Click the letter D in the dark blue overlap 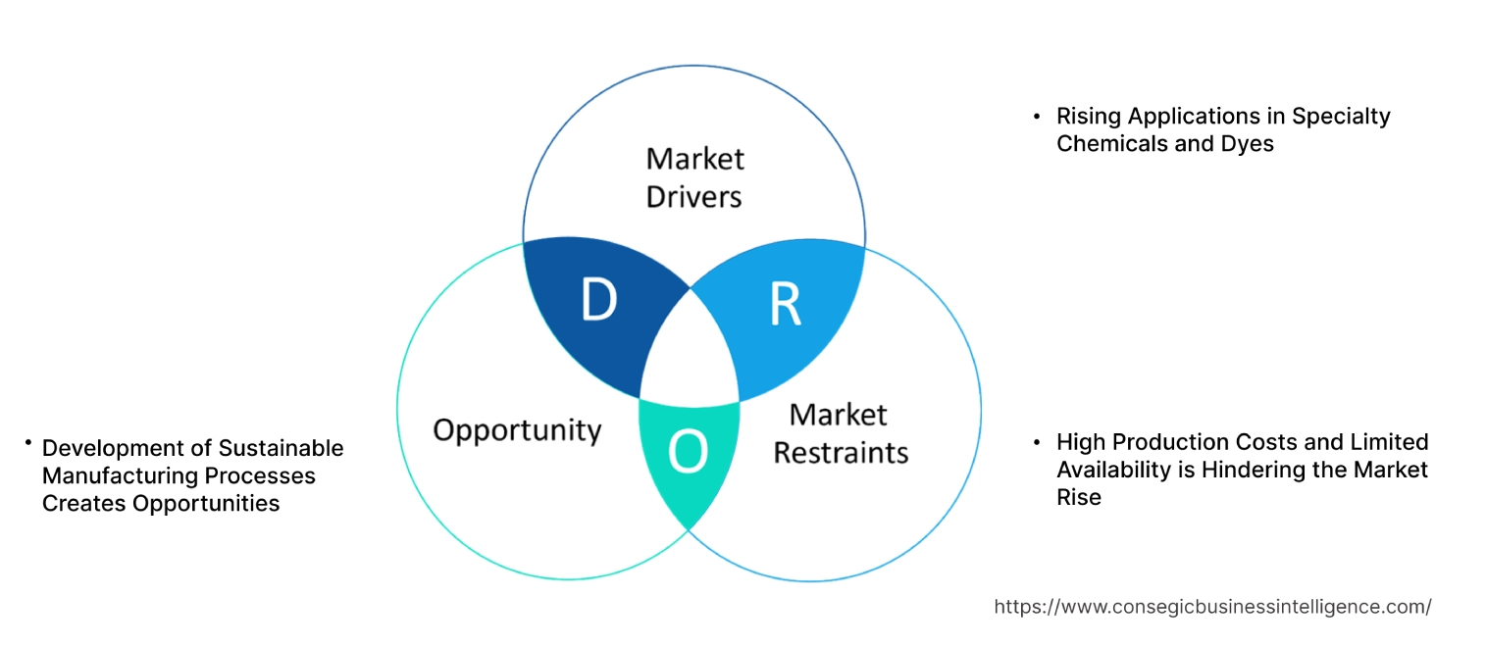click(598, 301)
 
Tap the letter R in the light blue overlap click(784, 305)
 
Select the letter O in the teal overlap click(687, 452)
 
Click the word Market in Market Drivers click(695, 159)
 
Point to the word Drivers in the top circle click(693, 197)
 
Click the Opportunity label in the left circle click(517, 430)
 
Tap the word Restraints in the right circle click(841, 453)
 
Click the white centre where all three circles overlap click(690, 353)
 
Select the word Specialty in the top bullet click(1340, 116)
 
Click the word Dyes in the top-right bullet click(1248, 143)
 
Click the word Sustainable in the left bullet click(281, 448)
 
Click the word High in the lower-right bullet click(1079, 442)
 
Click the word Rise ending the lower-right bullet click(1078, 497)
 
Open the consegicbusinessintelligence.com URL click(1212, 607)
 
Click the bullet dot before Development click(30, 444)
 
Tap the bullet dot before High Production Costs click(1037, 442)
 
